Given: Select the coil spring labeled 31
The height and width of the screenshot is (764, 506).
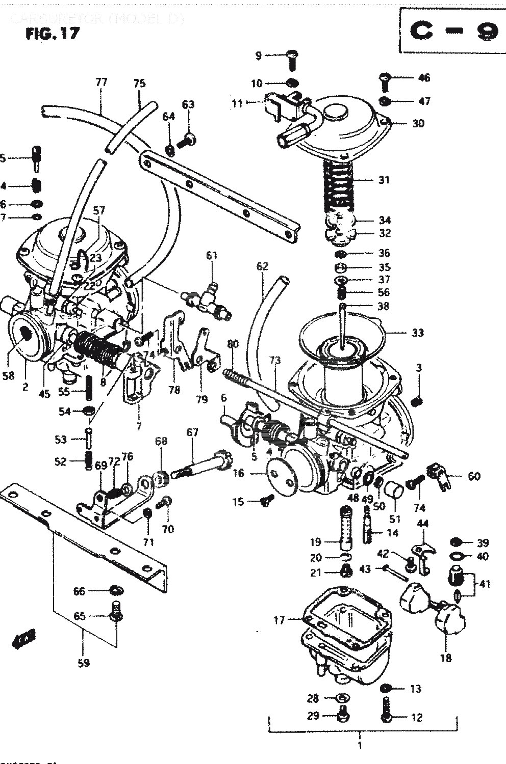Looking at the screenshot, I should (338, 183).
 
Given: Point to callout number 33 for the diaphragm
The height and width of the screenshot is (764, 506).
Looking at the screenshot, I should (417, 333).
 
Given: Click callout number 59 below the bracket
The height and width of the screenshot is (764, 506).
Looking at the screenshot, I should (84, 663).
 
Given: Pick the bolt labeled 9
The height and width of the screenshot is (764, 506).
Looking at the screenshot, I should (292, 60).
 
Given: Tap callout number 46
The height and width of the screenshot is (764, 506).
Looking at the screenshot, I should (423, 78).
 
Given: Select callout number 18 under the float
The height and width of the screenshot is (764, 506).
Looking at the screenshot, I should (445, 658).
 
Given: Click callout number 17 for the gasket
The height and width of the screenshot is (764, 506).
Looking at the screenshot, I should (279, 620).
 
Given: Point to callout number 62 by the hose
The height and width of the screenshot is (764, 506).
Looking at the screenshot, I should (262, 266).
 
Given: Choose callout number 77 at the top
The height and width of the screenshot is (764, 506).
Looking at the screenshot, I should (101, 82).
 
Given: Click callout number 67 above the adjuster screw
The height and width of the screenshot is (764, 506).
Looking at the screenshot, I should (192, 432).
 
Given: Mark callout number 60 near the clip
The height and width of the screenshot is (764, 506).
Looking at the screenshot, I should (474, 476).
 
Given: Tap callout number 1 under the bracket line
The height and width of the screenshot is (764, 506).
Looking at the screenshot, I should (360, 747).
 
